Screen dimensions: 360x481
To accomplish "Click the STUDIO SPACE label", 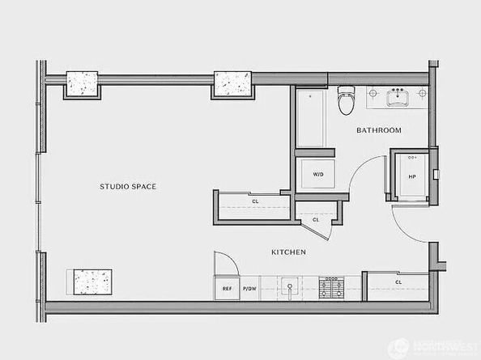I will point(128,187).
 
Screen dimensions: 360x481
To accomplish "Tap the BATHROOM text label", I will point(379,130).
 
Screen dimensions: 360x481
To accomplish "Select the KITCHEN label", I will point(288,252).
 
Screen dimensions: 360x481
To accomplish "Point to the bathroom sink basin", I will point(398,99).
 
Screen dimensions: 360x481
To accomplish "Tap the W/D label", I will point(317,174).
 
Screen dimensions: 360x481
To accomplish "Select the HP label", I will point(412,177).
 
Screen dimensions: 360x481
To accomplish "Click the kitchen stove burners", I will point(332,286).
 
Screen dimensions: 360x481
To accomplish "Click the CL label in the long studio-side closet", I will point(255,201).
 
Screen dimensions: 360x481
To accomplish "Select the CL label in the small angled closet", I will point(316,219).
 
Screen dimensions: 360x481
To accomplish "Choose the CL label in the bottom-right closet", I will point(399,282).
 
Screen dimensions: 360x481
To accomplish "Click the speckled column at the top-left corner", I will point(81,83).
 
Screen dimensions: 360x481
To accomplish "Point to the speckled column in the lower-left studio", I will point(91,282).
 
